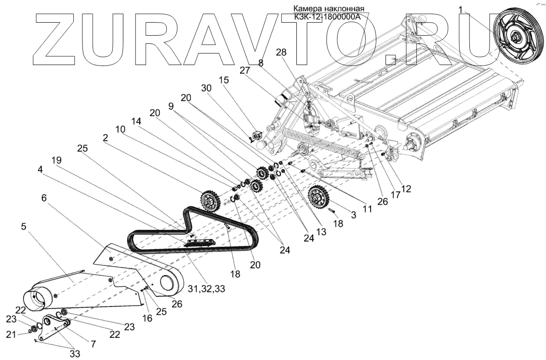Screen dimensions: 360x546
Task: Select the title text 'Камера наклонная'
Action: point(329,9)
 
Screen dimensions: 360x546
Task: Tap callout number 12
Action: point(406,189)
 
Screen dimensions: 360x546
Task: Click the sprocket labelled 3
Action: point(319,197)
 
